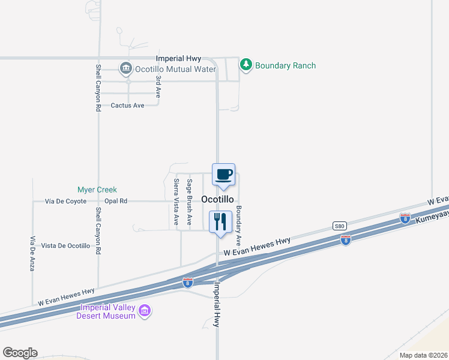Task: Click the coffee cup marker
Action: click(x=223, y=175)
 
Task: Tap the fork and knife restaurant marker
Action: click(x=220, y=221)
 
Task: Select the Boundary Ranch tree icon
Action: click(x=246, y=65)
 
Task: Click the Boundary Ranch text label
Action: click(x=285, y=66)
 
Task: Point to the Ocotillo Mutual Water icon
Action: click(x=126, y=69)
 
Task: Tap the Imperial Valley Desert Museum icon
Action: click(x=144, y=311)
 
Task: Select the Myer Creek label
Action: click(x=97, y=190)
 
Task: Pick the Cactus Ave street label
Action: click(x=128, y=106)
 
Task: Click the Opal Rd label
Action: click(x=116, y=202)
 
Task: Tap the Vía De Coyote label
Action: click(x=66, y=202)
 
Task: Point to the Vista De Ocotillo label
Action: click(x=65, y=246)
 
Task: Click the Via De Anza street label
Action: click(x=32, y=253)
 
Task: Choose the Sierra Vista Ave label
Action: click(x=176, y=202)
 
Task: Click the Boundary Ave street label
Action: click(x=238, y=226)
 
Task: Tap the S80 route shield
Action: click(x=339, y=226)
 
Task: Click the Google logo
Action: click(x=20, y=353)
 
